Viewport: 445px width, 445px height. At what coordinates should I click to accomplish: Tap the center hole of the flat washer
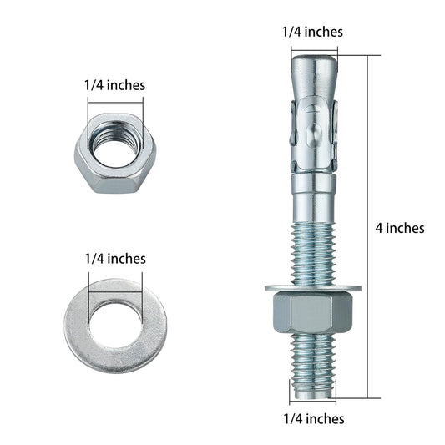coord(115,322)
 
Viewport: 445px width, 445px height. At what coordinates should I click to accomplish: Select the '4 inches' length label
coord(400,227)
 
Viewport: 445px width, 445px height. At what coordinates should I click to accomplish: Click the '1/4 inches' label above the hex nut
coord(114,84)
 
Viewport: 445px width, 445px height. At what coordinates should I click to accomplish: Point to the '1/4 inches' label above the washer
coord(114,259)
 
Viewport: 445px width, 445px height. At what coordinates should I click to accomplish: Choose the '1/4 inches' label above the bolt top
coord(312,32)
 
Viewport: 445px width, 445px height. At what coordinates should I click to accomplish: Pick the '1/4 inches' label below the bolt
coord(312,419)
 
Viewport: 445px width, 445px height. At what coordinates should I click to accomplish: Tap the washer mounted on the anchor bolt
coord(312,289)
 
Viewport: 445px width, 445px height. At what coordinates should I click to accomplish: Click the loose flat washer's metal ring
coord(79,326)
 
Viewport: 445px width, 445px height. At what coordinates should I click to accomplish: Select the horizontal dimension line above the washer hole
coord(114,276)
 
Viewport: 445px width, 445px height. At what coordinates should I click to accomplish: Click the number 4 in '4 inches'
coord(380,227)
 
